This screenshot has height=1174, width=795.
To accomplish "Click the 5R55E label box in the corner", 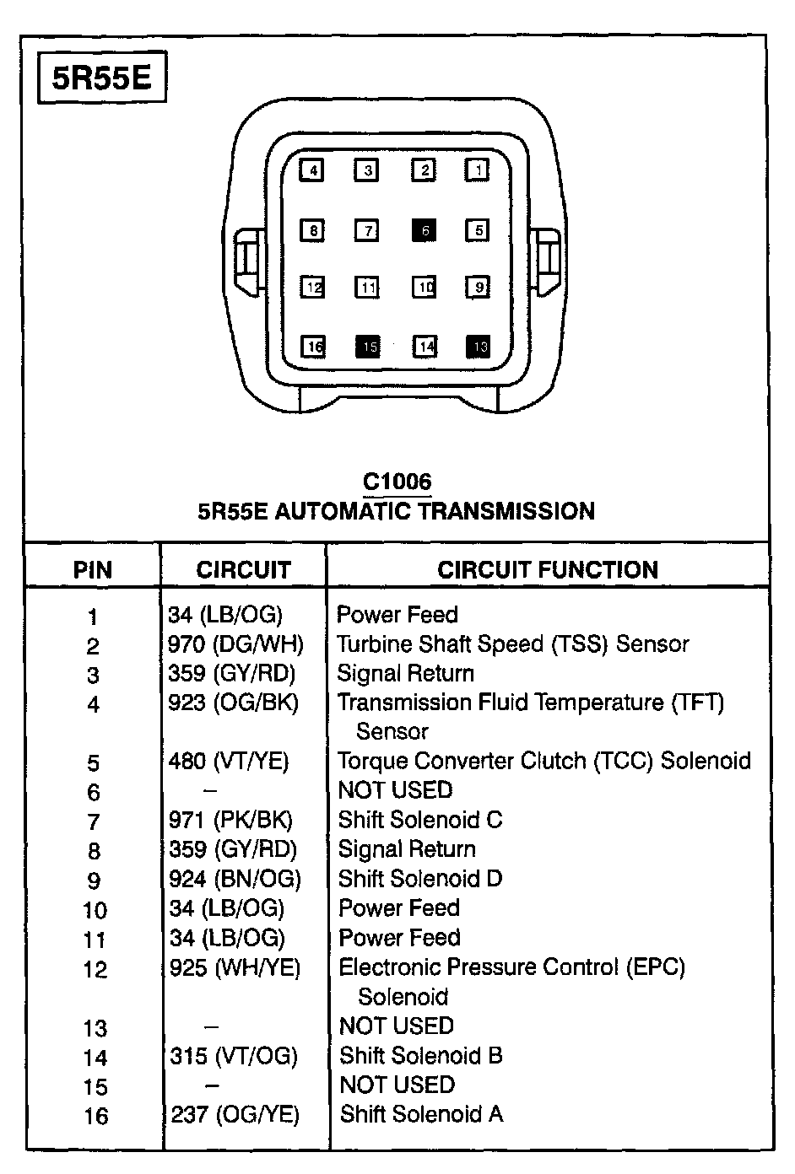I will click(x=103, y=78).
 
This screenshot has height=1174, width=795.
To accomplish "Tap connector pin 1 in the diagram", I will click(x=478, y=170).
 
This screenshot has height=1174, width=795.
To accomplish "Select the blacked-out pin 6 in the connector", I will click(x=424, y=230).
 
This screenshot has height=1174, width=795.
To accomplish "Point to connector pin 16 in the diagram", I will click(x=314, y=346).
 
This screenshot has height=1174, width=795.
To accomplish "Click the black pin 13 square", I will click(x=479, y=346).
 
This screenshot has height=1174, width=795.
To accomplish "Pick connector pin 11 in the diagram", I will click(x=368, y=288).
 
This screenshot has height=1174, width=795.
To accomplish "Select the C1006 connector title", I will click(x=397, y=482).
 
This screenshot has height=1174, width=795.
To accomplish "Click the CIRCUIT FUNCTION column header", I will click(x=548, y=570).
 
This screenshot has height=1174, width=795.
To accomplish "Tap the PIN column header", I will click(x=93, y=571).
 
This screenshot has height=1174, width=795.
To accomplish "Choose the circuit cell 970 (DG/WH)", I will click(x=235, y=644).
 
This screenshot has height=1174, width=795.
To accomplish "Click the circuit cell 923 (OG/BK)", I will click(x=233, y=703).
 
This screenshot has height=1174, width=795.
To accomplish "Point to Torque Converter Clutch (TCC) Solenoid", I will click(x=544, y=761).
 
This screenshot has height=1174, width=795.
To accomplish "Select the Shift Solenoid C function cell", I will click(x=420, y=820).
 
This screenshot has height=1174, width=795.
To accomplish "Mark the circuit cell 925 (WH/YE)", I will click(x=235, y=967).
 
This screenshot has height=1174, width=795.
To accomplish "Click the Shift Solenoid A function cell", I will click(x=421, y=1114).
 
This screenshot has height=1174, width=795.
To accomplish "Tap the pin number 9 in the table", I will click(x=94, y=880).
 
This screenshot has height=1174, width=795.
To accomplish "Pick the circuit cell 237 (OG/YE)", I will click(x=235, y=1114).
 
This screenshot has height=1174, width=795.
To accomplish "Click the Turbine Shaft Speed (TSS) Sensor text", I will click(x=513, y=644).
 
